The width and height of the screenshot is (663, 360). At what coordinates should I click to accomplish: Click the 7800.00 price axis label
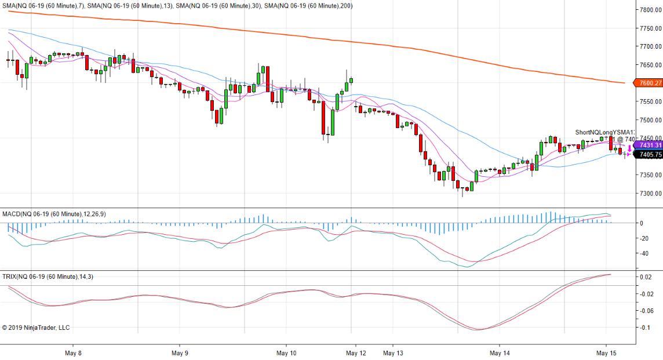pos(651,10)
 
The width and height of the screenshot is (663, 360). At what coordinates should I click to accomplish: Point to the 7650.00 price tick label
pos(651,65)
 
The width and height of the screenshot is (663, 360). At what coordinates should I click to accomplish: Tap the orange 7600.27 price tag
pos(650,83)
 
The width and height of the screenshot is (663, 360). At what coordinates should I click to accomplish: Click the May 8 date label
pos(73,352)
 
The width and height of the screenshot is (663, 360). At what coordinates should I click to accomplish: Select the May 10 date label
pos(286,352)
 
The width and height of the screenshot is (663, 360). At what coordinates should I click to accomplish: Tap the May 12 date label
pos(356,352)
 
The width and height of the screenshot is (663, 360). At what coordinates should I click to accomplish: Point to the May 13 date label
pos(393,352)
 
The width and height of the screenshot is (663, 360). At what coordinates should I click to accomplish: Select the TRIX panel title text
pos(48,277)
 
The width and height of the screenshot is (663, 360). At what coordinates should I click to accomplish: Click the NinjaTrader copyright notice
pos(36,328)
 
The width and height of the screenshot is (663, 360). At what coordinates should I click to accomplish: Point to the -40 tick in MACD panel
pos(643,253)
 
